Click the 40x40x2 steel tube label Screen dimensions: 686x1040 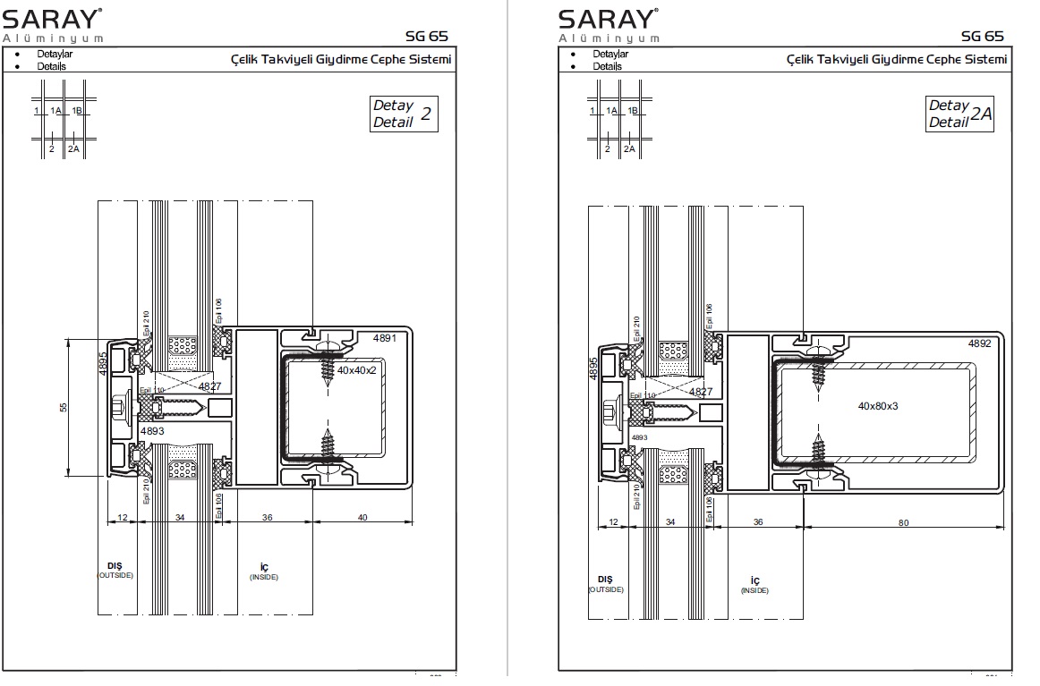pos(357,368)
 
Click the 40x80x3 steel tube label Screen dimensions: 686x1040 pos(877,405)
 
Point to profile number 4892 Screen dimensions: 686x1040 pos(980,343)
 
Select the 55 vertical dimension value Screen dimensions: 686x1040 pos(63,408)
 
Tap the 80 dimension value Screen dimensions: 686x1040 pos(902,522)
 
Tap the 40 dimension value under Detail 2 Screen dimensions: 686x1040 pos(362,517)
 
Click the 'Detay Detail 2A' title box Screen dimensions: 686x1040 pos(960,114)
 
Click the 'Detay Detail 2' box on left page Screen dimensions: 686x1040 pos(404,114)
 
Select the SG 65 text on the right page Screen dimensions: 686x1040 pos(982,36)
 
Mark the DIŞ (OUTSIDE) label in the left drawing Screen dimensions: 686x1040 pos(115,570)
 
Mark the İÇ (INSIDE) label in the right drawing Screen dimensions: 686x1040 pos(754,585)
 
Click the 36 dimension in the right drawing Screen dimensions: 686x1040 pos(757,522)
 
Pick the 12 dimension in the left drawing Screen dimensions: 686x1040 pos(122,517)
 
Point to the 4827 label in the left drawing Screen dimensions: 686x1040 pos(210,386)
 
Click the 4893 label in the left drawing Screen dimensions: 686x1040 pos(152,430)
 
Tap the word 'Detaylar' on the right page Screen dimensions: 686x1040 pos(610,55)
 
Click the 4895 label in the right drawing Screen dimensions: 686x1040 pos(594,369)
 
